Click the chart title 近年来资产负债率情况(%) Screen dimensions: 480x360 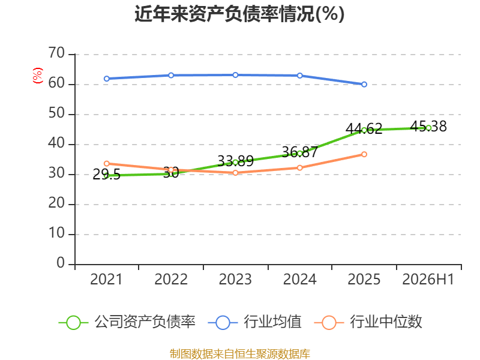pyautogui.click(x=239, y=14)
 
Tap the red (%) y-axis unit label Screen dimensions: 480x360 pyautogui.click(x=38, y=76)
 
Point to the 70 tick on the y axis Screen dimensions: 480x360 pyautogui.click(x=56, y=53)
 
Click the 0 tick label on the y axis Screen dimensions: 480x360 pyautogui.click(x=61, y=263)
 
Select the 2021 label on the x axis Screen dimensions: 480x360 pyautogui.click(x=106, y=279)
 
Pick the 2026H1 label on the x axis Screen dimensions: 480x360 pyautogui.click(x=428, y=279)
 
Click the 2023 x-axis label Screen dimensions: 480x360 pyautogui.click(x=235, y=279)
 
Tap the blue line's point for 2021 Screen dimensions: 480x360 pyautogui.click(x=107, y=79)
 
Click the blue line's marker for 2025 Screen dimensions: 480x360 pyautogui.click(x=364, y=84)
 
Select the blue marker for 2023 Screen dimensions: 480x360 pyautogui.click(x=235, y=75)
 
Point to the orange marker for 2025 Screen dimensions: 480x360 pyautogui.click(x=364, y=154)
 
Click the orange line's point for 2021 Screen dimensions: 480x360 pyautogui.click(x=107, y=164)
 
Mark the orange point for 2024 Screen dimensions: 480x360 pyautogui.click(x=299, y=168)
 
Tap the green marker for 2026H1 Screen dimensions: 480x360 pyautogui.click(x=428, y=128)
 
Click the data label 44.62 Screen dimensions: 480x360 pyautogui.click(x=364, y=128)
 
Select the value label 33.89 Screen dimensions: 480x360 pyautogui.click(x=235, y=161)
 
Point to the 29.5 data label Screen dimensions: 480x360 pyautogui.click(x=106, y=175)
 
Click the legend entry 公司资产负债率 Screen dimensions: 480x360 pyautogui.click(x=127, y=322)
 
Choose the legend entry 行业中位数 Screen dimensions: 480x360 pyautogui.click(x=368, y=322)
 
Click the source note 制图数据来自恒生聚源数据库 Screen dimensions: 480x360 pyautogui.click(x=239, y=354)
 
